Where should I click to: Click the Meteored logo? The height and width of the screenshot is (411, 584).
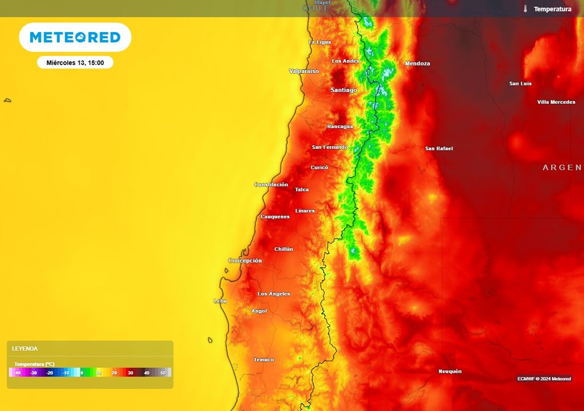(x=75, y=38)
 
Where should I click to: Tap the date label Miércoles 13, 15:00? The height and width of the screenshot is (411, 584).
(x=75, y=63)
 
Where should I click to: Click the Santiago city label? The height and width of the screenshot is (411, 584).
(x=344, y=90)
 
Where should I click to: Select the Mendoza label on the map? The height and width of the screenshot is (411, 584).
(x=417, y=63)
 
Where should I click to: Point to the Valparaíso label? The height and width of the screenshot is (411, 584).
(x=304, y=71)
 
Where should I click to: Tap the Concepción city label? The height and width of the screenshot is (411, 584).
(x=245, y=261)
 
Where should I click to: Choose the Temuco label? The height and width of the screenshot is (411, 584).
(x=264, y=360)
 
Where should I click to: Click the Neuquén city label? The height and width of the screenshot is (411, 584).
(x=450, y=372)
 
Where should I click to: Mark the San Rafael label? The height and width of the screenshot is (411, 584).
(x=439, y=148)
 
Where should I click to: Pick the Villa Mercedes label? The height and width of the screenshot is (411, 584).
(x=556, y=102)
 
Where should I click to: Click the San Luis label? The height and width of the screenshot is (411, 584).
(x=520, y=84)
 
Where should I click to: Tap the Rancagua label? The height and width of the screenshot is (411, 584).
(x=340, y=126)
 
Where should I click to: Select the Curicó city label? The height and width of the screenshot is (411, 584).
(x=319, y=167)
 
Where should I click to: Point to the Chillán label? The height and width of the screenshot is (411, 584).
(x=283, y=249)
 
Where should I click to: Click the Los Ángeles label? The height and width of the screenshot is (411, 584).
(x=274, y=294)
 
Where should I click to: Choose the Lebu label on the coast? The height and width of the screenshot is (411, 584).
(x=220, y=301)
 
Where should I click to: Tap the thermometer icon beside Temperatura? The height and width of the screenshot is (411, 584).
(x=525, y=9)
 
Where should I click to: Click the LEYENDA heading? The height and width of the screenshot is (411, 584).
(x=25, y=348)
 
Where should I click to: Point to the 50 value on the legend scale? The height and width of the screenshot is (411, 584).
(x=163, y=373)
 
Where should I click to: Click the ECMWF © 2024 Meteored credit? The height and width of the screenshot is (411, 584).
(x=544, y=379)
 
